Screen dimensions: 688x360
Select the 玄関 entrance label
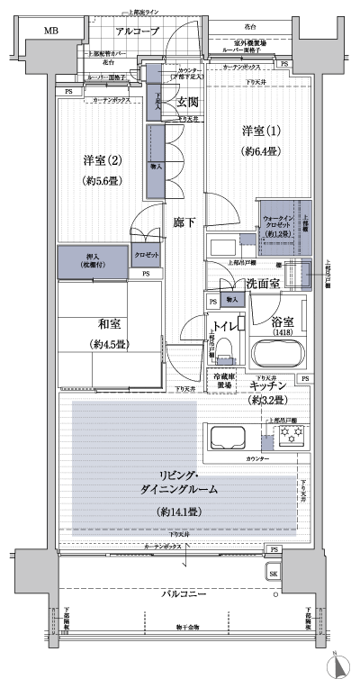186,103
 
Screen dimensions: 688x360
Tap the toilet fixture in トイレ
225,346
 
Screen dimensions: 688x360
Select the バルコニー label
186,595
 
